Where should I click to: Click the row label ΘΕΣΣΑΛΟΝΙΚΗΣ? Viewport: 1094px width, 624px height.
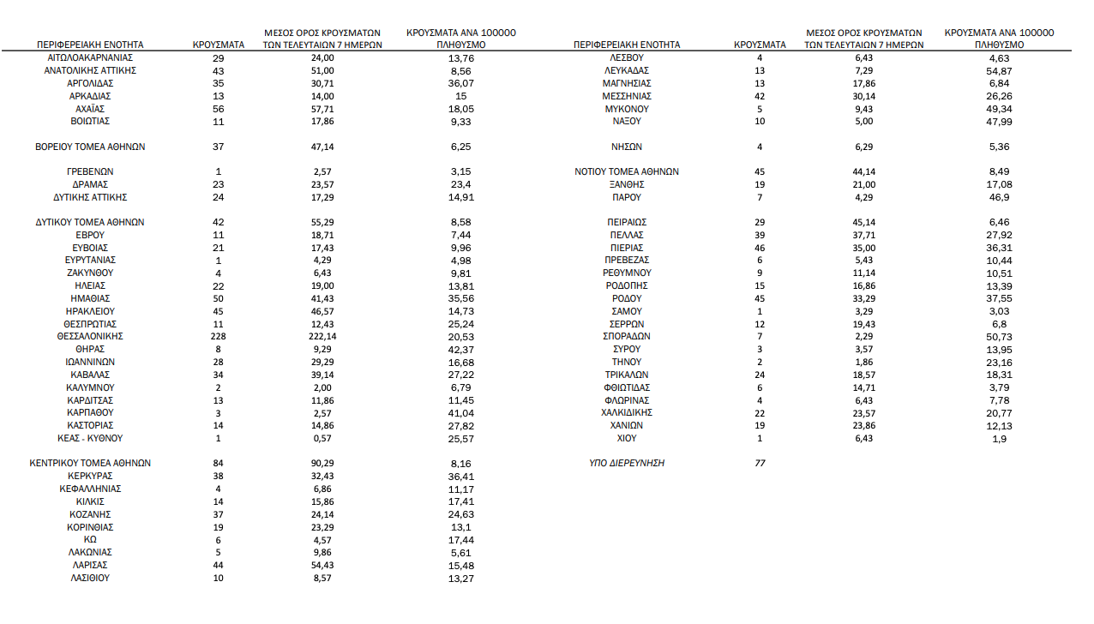tap(90, 337)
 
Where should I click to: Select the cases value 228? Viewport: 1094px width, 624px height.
tap(218, 337)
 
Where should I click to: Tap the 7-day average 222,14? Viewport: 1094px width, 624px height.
tap(322, 337)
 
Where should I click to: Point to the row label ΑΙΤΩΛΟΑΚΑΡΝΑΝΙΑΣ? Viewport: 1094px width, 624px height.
tap(90, 57)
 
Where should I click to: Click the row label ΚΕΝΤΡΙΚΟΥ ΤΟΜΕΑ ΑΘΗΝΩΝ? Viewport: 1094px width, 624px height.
tap(90, 463)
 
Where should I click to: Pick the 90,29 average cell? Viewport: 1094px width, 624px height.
tap(322, 463)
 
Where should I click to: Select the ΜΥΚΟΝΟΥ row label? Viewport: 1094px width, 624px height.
tap(627, 109)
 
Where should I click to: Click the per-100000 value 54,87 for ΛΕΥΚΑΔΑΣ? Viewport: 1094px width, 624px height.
tap(999, 70)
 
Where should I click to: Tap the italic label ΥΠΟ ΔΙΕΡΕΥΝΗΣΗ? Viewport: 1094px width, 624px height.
tap(627, 463)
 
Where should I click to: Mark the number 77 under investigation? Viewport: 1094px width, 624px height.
tap(760, 463)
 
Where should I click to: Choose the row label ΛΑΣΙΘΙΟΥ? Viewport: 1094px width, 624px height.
tap(90, 579)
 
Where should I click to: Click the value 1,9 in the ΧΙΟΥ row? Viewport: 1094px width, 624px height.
tap(999, 439)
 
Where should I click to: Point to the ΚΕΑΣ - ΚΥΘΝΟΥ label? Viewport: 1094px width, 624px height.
tap(90, 439)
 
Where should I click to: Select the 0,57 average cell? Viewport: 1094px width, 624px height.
tap(322, 439)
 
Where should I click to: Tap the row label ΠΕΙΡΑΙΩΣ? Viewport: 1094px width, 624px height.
tap(627, 222)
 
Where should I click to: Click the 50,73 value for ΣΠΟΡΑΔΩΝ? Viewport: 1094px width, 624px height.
tap(999, 337)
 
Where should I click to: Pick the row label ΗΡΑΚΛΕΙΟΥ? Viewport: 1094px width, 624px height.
tap(90, 311)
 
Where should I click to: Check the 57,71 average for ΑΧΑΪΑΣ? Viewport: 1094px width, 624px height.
tap(322, 109)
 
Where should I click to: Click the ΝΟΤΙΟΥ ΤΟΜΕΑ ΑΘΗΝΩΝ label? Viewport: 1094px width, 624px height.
tap(627, 171)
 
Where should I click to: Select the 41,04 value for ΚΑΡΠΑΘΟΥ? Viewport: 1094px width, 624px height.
tap(460, 413)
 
